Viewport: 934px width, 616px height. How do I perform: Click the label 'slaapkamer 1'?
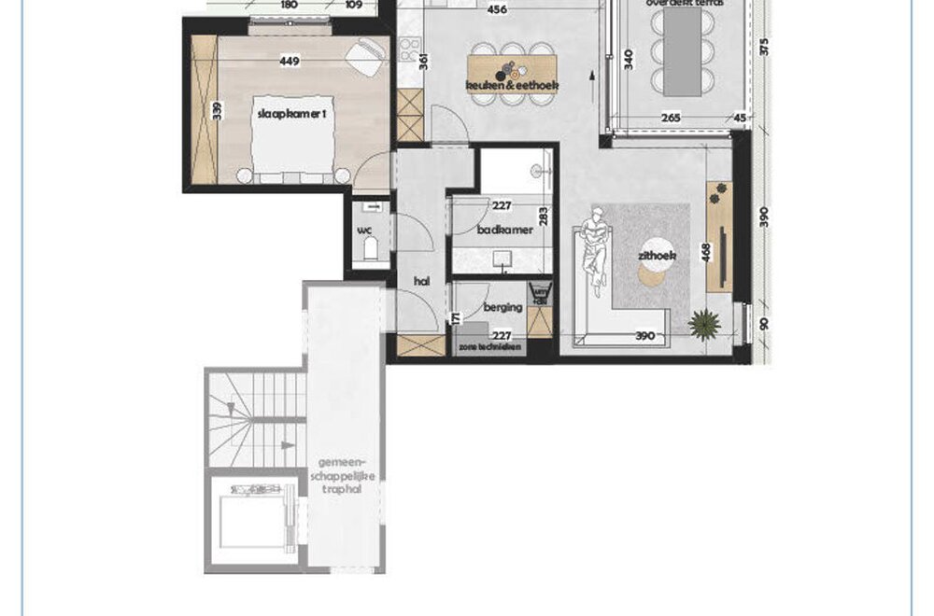[289, 113]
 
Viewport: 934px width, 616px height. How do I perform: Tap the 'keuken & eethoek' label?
[512, 87]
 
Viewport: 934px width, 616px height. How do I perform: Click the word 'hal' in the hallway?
[420, 279]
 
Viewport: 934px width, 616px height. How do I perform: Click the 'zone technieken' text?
[488, 345]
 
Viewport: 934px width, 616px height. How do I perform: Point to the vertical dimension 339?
[218, 111]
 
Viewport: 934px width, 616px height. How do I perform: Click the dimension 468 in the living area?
[707, 255]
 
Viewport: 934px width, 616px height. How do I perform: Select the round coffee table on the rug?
[653, 273]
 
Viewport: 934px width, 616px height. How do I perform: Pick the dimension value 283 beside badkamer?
[543, 217]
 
